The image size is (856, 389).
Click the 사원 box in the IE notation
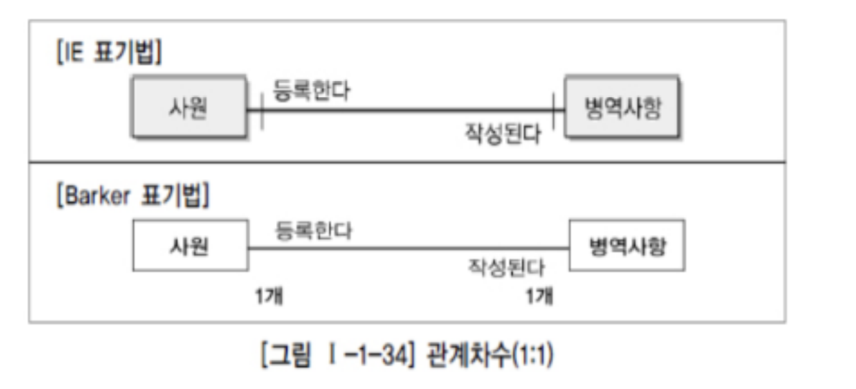click(x=188, y=108)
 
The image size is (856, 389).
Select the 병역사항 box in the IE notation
click(x=622, y=108)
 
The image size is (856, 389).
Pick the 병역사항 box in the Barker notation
click(x=628, y=246)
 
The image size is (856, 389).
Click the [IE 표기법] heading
click(x=108, y=53)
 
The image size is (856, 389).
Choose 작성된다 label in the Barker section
click(x=506, y=268)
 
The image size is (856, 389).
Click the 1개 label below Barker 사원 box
click(x=269, y=296)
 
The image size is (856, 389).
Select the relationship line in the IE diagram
click(x=406, y=109)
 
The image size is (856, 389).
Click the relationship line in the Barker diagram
click(x=406, y=248)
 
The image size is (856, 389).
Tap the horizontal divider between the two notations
click(x=406, y=163)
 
